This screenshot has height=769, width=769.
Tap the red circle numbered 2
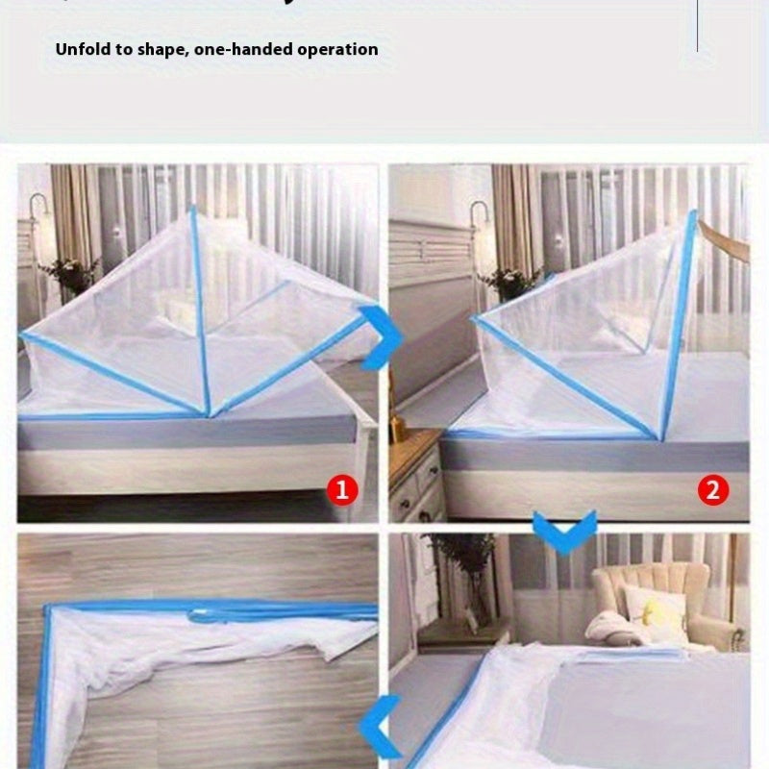click(713, 491)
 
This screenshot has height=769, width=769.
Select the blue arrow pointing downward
click(564, 531)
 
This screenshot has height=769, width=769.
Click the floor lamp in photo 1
click(37, 240)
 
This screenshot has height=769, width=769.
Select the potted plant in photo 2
click(509, 282)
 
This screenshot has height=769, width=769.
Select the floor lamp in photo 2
click(477, 240)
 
